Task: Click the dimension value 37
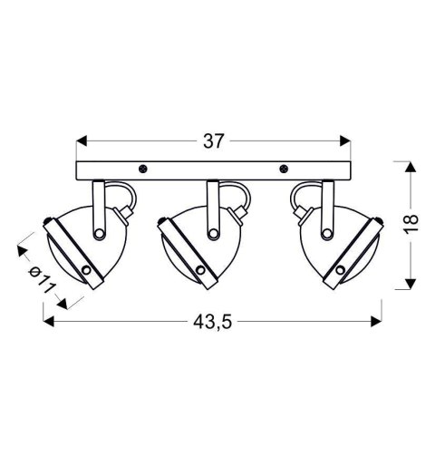[214, 141]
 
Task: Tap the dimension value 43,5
[213, 322]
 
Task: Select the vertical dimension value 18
[411, 223]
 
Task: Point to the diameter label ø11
[42, 280]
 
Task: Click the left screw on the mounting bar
[142, 169]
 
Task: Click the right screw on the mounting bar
[284, 169]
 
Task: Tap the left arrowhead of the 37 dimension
[82, 141]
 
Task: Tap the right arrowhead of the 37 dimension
[345, 141]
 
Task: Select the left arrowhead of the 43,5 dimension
[49, 322]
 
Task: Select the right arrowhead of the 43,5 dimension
[376, 322]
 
